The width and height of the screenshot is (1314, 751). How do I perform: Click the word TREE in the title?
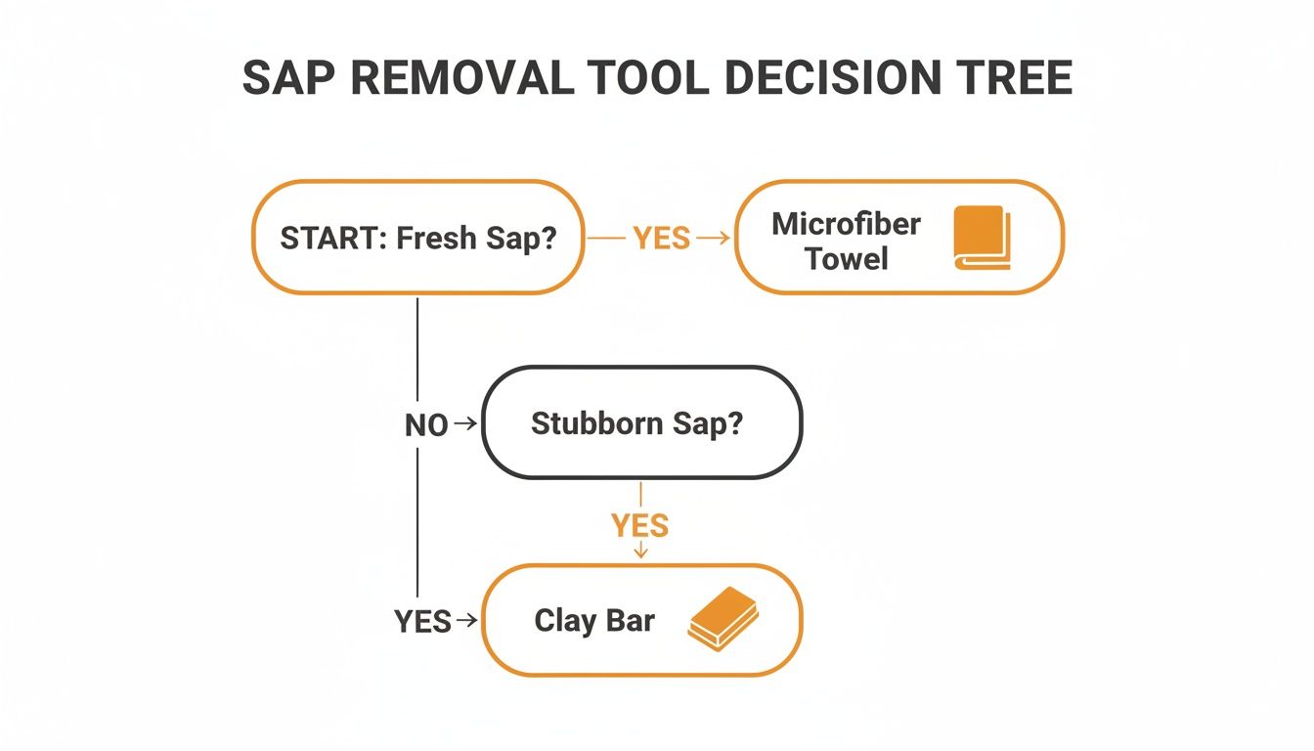pyautogui.click(x=1016, y=77)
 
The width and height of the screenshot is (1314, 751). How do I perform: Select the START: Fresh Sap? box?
pyautogui.click(x=418, y=238)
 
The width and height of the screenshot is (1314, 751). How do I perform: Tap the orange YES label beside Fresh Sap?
pyautogui.click(x=661, y=239)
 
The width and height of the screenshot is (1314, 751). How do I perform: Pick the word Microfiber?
pyautogui.click(x=846, y=224)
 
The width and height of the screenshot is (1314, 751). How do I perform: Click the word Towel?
pyautogui.click(x=846, y=259)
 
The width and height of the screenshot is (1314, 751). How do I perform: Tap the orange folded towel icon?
pyautogui.click(x=980, y=238)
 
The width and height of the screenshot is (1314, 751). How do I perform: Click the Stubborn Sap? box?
pyautogui.click(x=640, y=422)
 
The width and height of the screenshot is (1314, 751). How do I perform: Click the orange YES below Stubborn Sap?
pyautogui.click(x=640, y=526)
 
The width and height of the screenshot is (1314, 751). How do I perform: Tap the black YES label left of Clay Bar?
pyautogui.click(x=422, y=621)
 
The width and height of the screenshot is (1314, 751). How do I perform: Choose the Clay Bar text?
pyautogui.click(x=594, y=620)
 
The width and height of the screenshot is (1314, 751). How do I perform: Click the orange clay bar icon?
pyautogui.click(x=723, y=618)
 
